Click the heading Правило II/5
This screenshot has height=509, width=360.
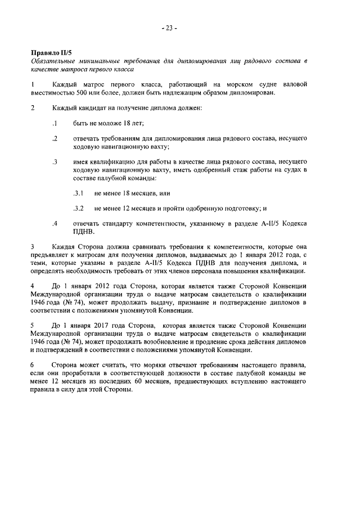click(x=49, y=52)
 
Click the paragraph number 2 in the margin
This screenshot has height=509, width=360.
click(x=33, y=107)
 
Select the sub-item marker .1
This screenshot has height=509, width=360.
click(x=55, y=123)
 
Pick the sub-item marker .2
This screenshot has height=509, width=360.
click(x=55, y=138)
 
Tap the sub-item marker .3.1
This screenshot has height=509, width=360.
click(x=78, y=193)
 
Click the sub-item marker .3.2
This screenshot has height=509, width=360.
click(x=78, y=208)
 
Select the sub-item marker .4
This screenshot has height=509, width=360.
click(x=55, y=223)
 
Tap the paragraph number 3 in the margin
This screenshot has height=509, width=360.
click(x=33, y=246)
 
